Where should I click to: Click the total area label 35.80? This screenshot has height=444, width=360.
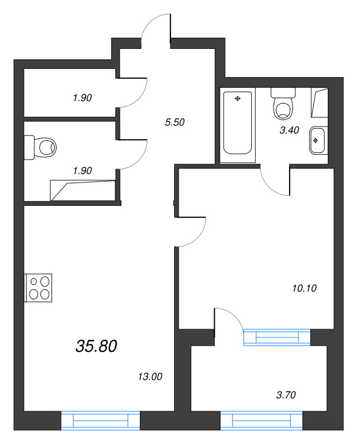96,346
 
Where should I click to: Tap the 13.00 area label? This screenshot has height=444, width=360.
149,377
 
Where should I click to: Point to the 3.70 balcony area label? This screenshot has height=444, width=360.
286,395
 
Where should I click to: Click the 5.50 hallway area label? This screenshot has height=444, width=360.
175,123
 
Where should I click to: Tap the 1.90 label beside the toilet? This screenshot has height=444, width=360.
82,170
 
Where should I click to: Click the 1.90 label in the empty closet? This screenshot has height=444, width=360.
82,98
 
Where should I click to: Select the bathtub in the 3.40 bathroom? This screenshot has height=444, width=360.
237,123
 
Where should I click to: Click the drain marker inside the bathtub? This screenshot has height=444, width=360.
237,99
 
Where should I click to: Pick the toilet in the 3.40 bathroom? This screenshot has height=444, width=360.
283,104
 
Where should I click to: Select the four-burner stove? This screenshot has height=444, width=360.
39,288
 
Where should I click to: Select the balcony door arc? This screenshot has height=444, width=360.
229,319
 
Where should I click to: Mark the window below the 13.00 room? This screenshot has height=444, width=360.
100,421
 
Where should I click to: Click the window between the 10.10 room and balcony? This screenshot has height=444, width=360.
276,337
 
